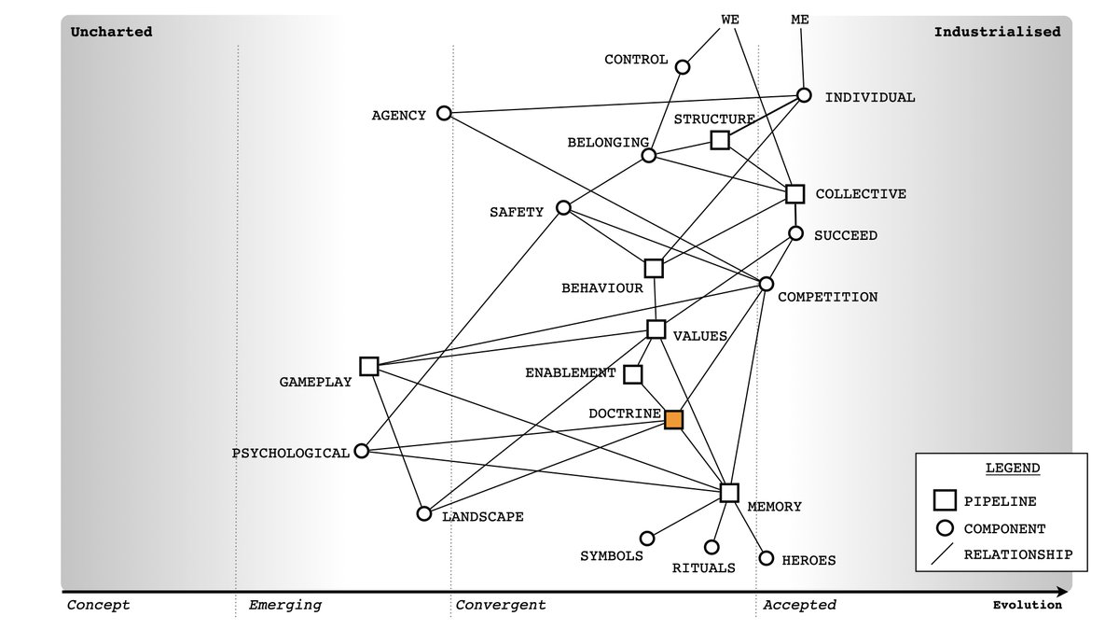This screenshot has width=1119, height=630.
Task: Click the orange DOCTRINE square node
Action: pyautogui.click(x=673, y=420)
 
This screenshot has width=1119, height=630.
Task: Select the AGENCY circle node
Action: pyautogui.click(x=444, y=114)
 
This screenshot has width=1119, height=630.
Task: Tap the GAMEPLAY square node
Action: pyautogui.click(x=368, y=366)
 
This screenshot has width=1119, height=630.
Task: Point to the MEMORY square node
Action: pyautogui.click(x=729, y=493)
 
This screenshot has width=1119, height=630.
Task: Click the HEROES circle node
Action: pyautogui.click(x=767, y=558)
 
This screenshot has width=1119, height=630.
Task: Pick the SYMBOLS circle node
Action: pyautogui.click(x=647, y=539)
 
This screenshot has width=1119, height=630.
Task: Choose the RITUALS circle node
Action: pyautogui.click(x=711, y=547)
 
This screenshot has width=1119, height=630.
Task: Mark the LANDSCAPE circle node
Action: pyautogui.click(x=424, y=513)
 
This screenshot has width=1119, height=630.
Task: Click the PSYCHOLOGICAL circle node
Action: pyautogui.click(x=362, y=452)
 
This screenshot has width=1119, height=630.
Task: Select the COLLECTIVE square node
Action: pyautogui.click(x=794, y=194)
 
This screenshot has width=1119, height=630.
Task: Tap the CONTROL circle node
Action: pyautogui.click(x=683, y=67)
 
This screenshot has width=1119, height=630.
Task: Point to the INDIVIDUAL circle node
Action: pyautogui.click(x=804, y=95)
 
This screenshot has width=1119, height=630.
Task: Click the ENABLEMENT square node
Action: pyautogui.click(x=632, y=374)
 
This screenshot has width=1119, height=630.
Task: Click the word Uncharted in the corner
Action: pyautogui.click(x=111, y=32)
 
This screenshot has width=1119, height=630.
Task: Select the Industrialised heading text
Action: pyautogui.click(x=997, y=32)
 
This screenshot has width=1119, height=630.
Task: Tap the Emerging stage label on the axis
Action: pyautogui.click(x=284, y=605)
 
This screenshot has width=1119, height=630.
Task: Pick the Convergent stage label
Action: pyautogui.click(x=501, y=605)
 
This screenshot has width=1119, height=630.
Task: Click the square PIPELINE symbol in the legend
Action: pyautogui.click(x=944, y=500)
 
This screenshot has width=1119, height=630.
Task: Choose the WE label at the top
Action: pyautogui.click(x=730, y=19)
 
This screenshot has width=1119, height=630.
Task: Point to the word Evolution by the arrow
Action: pyautogui.click(x=1027, y=605)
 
